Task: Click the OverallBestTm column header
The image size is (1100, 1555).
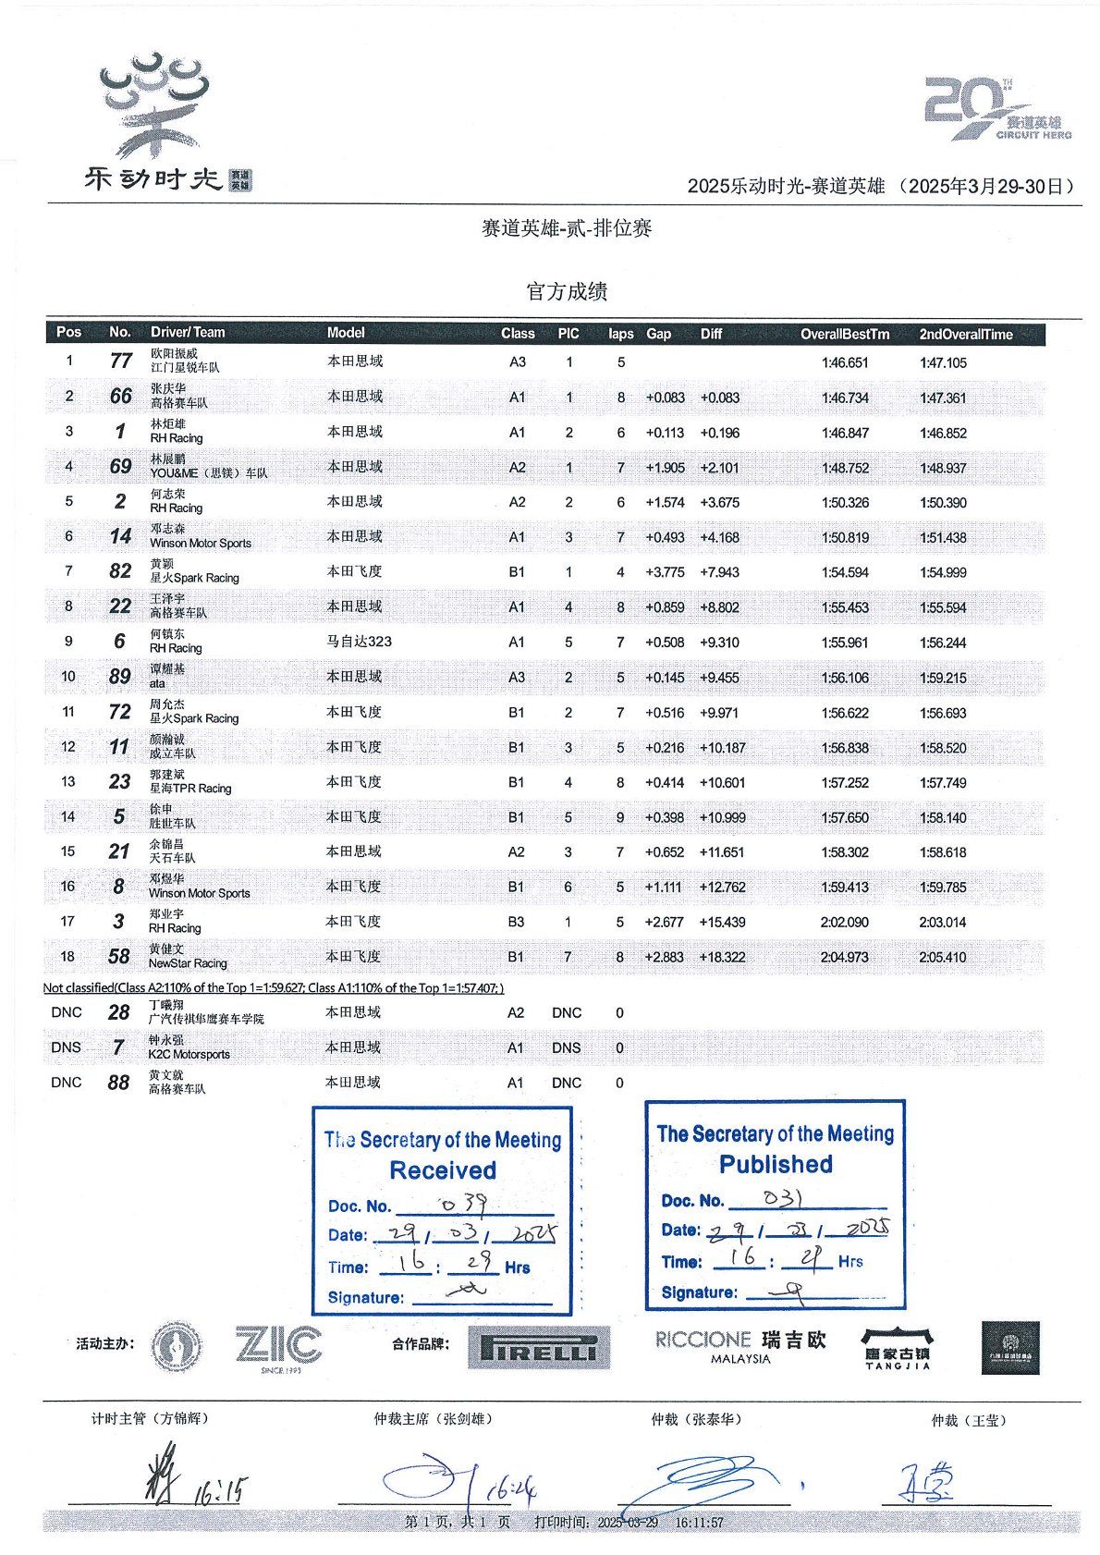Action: (844, 334)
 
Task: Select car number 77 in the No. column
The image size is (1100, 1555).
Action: (120, 361)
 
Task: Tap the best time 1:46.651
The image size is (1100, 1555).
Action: (845, 362)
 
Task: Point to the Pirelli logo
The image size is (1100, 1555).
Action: (539, 1348)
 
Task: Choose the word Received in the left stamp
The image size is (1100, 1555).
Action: (443, 1170)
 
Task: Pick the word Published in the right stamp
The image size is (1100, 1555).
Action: (776, 1164)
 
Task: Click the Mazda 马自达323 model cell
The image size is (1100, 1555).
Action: (359, 642)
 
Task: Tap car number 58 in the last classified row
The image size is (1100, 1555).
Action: (119, 956)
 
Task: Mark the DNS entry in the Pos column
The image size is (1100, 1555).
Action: (67, 1047)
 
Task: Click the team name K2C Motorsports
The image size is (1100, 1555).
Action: (189, 1055)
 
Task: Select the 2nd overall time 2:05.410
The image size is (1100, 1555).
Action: (943, 957)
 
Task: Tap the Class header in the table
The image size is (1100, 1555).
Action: (518, 334)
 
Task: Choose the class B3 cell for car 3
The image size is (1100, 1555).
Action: (516, 922)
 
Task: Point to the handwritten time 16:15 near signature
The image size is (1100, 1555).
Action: (221, 1489)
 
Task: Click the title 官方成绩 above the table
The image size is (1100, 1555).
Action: (567, 292)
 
